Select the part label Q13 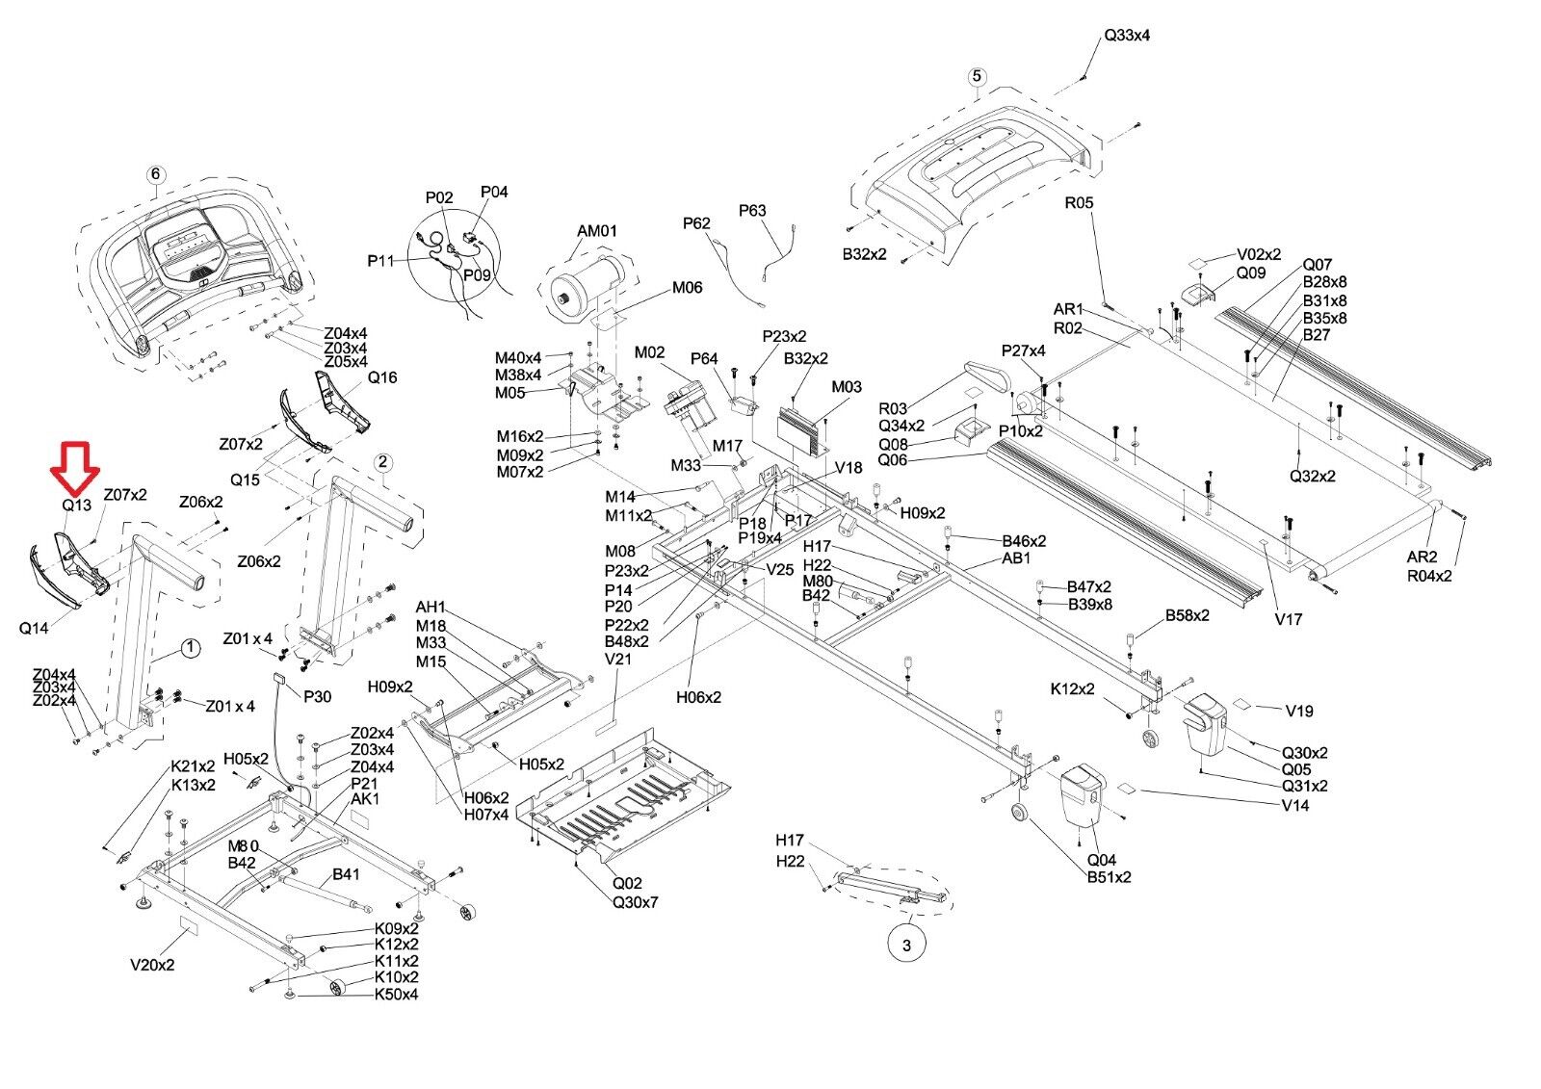tap(76, 504)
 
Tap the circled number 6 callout tap(156, 174)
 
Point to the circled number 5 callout tap(977, 76)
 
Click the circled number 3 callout tap(905, 946)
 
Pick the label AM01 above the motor tap(597, 232)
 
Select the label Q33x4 tap(1126, 36)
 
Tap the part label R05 tap(1079, 203)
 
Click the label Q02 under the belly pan tap(627, 883)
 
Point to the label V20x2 tap(152, 964)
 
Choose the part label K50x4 tap(396, 994)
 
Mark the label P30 tap(317, 697)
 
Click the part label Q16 tap(382, 377)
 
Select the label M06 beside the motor tap(687, 287)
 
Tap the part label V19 tap(1299, 712)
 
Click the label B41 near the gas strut tap(346, 875)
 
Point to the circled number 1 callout tap(191, 648)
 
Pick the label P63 tap(752, 210)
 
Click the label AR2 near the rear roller tap(1422, 557)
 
